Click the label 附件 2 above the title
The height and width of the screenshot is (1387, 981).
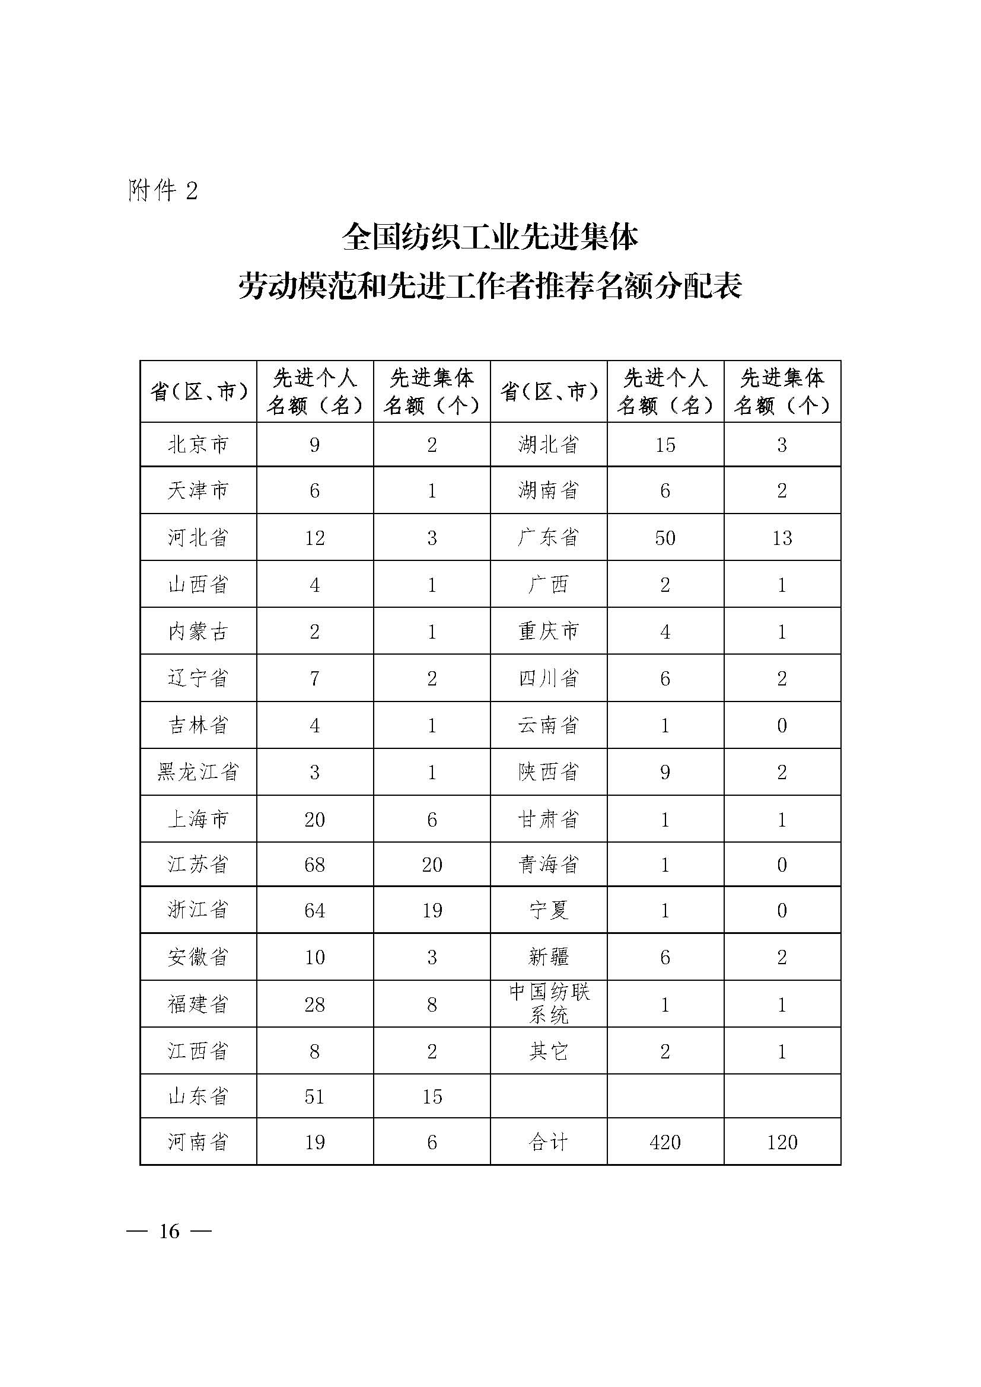click(163, 191)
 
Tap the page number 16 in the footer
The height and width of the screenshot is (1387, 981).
click(169, 1231)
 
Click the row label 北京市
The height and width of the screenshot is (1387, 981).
click(198, 445)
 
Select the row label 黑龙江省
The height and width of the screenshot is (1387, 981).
click(198, 772)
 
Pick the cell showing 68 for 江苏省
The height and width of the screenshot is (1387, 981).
click(315, 865)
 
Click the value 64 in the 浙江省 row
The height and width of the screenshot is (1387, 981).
click(315, 910)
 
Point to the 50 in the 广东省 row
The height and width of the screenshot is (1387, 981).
click(665, 538)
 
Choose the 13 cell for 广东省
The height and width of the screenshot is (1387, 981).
click(782, 538)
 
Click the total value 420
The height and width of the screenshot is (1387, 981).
click(665, 1142)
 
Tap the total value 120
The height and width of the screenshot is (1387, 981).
click(782, 1142)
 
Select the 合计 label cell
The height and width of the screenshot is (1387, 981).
click(549, 1142)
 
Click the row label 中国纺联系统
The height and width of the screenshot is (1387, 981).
click(549, 1004)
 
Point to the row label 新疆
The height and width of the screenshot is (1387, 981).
click(549, 957)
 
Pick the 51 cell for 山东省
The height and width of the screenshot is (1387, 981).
click(315, 1096)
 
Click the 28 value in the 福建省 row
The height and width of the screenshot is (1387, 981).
click(315, 1005)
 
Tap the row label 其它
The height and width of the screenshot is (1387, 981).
click(549, 1052)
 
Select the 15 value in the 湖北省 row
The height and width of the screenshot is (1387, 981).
click(665, 445)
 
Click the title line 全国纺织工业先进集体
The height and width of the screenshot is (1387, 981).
click(490, 237)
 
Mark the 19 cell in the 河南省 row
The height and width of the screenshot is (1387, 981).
click(315, 1142)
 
